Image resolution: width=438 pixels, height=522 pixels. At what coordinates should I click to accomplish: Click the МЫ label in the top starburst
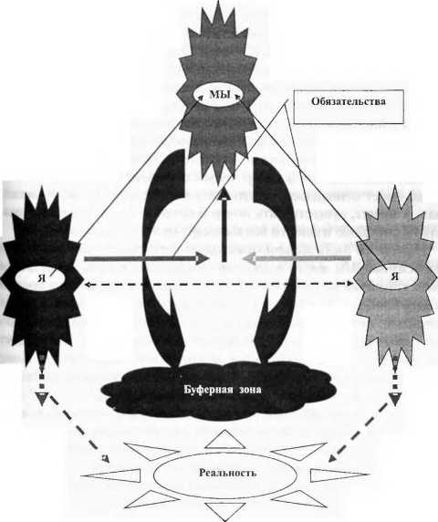coord(220,95)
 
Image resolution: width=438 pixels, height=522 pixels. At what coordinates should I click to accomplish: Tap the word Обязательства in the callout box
coord(349,101)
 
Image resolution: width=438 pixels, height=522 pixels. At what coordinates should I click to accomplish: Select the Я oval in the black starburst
coord(41,279)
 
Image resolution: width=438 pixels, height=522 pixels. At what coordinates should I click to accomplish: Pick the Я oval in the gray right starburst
coord(393,277)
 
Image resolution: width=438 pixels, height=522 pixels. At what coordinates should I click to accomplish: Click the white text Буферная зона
coord(223,389)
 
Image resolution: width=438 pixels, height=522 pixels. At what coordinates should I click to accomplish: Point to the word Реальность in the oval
coord(227,473)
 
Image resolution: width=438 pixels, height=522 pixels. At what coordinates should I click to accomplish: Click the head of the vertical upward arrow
coord(224,193)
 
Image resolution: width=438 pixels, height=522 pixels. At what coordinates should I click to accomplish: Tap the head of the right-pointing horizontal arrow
coord(202,258)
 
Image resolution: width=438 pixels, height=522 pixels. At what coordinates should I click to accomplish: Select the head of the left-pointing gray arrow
coord(249,258)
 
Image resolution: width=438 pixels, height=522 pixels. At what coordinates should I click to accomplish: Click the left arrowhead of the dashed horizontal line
coord(88,285)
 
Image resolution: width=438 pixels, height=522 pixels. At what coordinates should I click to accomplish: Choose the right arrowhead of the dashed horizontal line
coord(350,283)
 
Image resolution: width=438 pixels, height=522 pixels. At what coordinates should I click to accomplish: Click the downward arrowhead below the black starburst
coord(42,399)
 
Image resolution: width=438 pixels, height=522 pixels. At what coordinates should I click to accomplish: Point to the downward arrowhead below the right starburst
coord(395,399)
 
